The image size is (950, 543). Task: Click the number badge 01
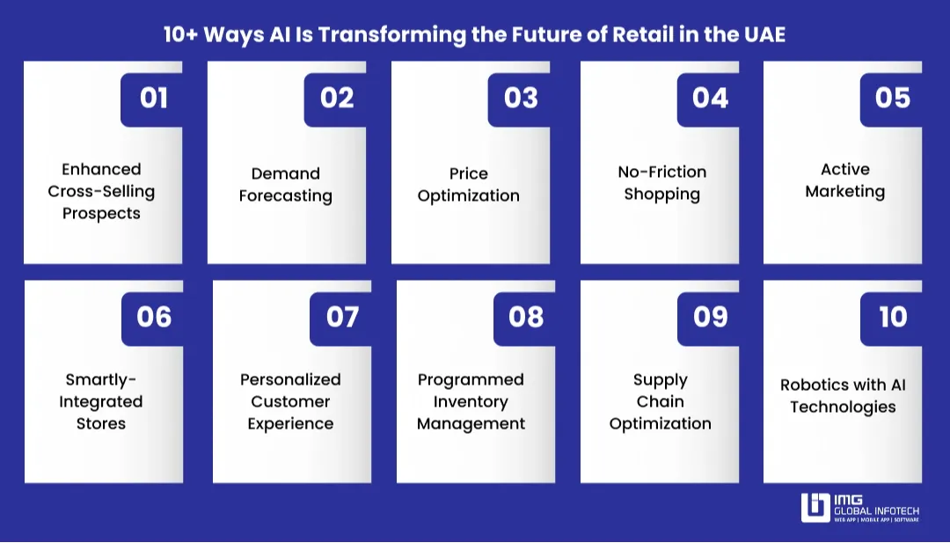point(153,98)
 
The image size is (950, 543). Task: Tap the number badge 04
point(710,98)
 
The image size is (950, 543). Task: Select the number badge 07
point(342,317)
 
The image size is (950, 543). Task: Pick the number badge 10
point(893,317)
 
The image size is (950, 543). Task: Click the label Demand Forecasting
point(286,185)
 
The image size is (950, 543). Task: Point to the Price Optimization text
point(469,185)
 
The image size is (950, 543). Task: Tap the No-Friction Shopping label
point(662,183)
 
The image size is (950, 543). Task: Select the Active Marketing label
point(845,180)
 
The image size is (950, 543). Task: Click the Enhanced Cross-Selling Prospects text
point(101,191)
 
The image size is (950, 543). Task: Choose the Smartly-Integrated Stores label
point(101,401)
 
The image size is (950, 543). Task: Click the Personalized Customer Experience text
point(290,401)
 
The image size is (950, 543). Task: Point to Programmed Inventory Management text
point(471,401)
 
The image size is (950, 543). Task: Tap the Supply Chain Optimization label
point(660,401)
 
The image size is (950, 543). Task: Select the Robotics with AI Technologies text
point(843,396)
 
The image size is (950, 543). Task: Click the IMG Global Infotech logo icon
point(815,508)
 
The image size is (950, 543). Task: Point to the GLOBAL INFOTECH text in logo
point(876,509)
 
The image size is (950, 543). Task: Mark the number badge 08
point(525,317)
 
